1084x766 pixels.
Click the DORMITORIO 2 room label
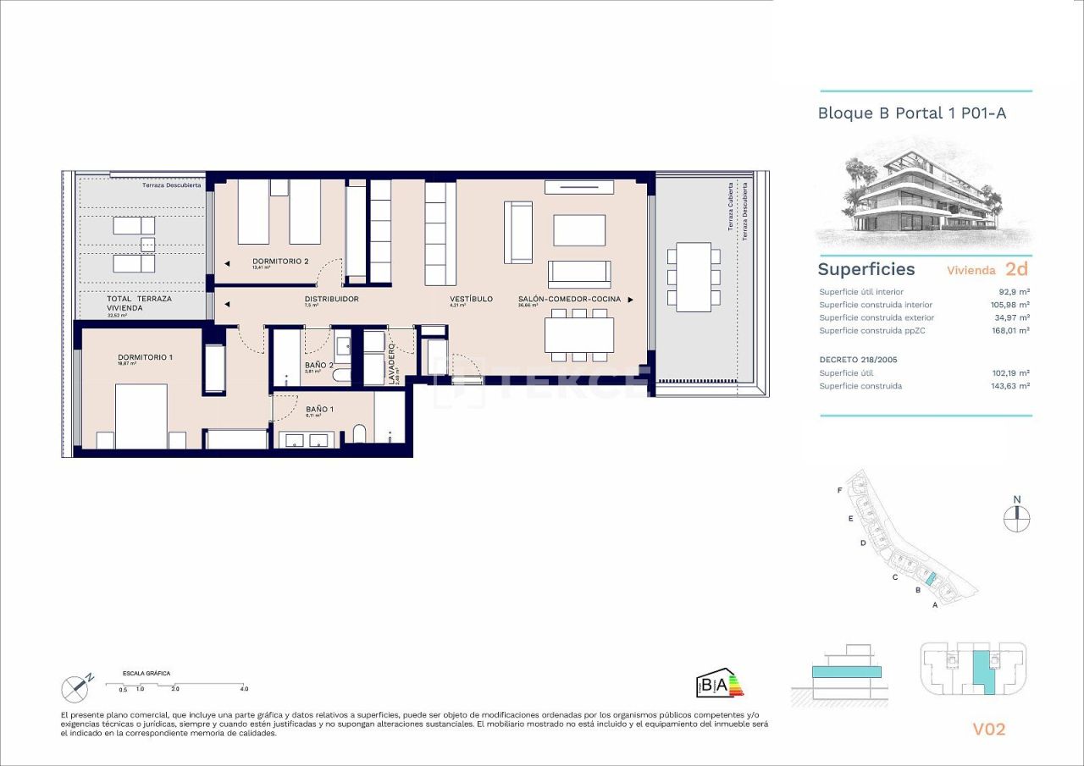pyautogui.click(x=279, y=261)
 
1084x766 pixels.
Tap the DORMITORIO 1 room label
pyautogui.click(x=145, y=357)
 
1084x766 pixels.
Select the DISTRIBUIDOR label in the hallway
pyautogui.click(x=331, y=299)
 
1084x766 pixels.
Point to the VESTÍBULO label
pyautogui.click(x=471, y=299)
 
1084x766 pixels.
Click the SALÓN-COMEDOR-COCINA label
pyautogui.click(x=569, y=299)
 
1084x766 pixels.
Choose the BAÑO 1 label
pyautogui.click(x=319, y=410)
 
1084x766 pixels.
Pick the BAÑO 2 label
pyautogui.click(x=319, y=366)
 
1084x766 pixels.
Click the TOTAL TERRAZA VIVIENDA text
pyautogui.click(x=139, y=304)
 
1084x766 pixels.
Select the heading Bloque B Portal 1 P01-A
pyautogui.click(x=911, y=113)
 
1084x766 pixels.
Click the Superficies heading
pyautogui.click(x=866, y=269)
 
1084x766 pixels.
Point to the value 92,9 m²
pyautogui.click(x=1013, y=292)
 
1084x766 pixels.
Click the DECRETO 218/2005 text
pyautogui.click(x=859, y=360)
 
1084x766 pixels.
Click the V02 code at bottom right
pyautogui.click(x=987, y=729)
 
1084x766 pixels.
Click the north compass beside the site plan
pyautogui.click(x=1017, y=516)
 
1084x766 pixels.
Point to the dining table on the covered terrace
pyautogui.click(x=694, y=277)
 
